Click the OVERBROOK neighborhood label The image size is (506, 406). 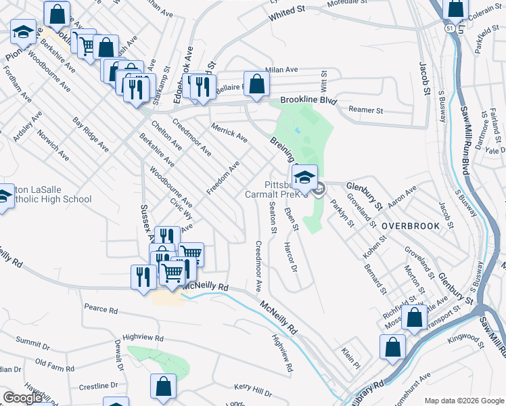tap(410, 225)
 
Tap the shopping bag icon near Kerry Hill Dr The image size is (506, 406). tap(163, 388)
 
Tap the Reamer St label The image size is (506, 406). tap(365, 110)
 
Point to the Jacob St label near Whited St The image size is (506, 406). tap(424, 79)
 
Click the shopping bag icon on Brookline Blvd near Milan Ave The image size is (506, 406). tap(257, 85)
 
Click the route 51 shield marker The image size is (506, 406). tap(449, 29)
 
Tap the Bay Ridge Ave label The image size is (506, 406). tap(91, 135)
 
